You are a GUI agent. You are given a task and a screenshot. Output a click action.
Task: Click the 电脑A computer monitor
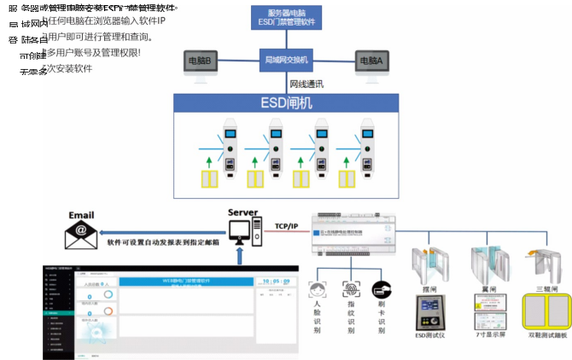pos(371,61)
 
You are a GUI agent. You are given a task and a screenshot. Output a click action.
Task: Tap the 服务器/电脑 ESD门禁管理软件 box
pos(286,18)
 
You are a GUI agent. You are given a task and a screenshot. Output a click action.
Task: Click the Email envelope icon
pos(81,231)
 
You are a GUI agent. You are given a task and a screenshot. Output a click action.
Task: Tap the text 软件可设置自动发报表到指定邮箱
pos(163,242)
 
